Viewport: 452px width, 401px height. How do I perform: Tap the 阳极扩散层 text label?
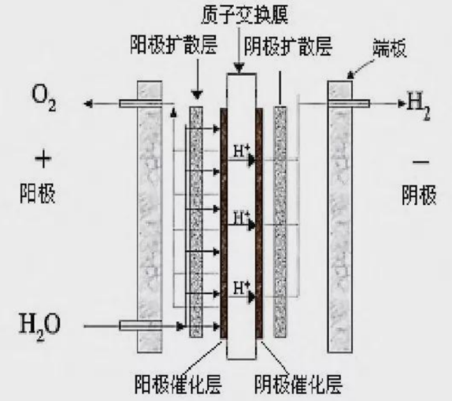pos(174,45)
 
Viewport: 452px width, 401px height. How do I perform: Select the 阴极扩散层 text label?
pos(288,46)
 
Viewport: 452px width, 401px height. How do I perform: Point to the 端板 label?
pos(390,48)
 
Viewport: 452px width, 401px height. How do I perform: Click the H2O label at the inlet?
pos(40,328)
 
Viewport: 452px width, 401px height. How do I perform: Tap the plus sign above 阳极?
pos(43,160)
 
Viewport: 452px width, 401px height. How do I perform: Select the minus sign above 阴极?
pos(421,162)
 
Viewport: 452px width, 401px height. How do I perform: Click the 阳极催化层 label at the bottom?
pos(178,384)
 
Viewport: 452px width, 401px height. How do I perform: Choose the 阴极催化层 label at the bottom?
pos(298,384)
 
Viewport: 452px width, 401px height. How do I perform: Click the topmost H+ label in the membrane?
pos(241,151)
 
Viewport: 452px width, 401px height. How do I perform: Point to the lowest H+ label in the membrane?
pos(241,288)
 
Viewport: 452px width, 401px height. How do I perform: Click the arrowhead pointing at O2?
pos(87,103)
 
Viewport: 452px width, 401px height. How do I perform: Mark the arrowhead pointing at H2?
pos(402,103)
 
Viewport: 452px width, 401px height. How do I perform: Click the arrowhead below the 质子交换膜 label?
pos(239,69)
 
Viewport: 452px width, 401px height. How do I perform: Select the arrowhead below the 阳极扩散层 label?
pos(198,95)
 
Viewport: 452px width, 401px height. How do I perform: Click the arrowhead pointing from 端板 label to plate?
pos(350,76)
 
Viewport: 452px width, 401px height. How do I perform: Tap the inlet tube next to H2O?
pos(140,325)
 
